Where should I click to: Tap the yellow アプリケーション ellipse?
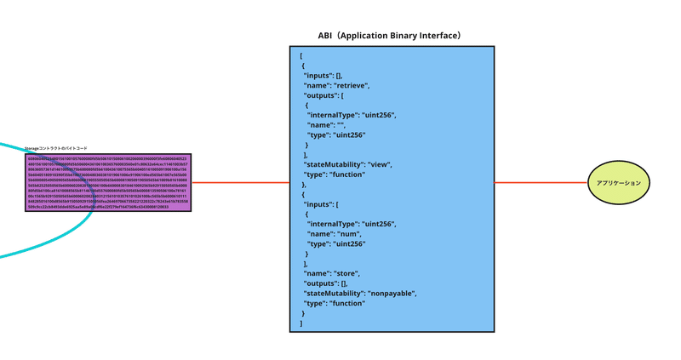click(x=619, y=183)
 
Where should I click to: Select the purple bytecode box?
click(x=108, y=182)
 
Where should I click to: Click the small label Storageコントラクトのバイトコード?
click(x=56, y=148)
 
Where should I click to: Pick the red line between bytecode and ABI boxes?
click(x=240, y=182)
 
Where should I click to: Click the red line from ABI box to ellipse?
click(x=541, y=182)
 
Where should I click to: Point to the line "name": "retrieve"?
click(x=336, y=85)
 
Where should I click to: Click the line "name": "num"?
click(x=334, y=234)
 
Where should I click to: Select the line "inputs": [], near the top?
click(x=323, y=76)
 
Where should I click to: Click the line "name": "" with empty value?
click(x=326, y=125)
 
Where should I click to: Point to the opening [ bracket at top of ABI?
click(x=300, y=56)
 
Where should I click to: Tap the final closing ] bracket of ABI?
click(x=300, y=323)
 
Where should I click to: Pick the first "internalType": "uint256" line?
click(x=352, y=115)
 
